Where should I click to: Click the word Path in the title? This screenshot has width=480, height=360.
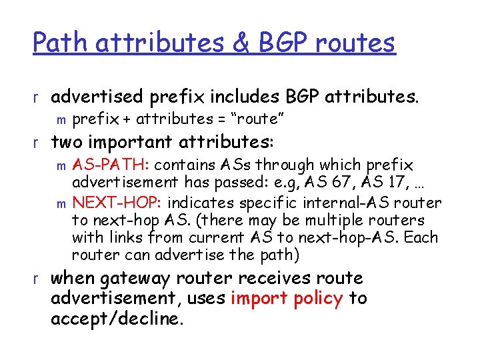[61, 43]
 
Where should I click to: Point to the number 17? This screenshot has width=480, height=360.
[382, 183]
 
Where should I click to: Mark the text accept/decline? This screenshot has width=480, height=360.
[116, 319]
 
